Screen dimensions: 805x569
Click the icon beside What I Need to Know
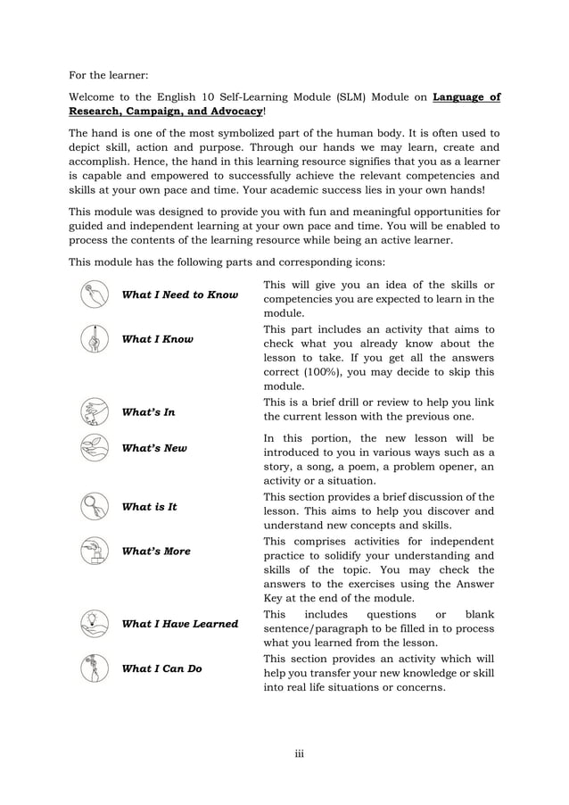click(x=94, y=294)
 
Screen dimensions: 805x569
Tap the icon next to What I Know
click(x=94, y=338)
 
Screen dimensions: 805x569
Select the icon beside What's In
click(x=94, y=411)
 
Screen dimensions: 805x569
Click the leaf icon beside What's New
click(x=94, y=447)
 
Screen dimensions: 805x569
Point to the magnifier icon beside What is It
click(x=94, y=506)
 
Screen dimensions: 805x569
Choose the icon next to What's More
click(x=94, y=551)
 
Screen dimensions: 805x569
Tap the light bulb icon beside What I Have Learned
click(x=94, y=623)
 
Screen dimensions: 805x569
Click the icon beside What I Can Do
click(x=94, y=668)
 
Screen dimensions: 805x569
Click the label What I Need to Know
click(x=179, y=295)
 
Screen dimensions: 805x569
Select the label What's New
click(x=154, y=448)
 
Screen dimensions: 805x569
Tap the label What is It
click(x=149, y=507)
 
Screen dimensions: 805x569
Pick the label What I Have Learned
click(x=179, y=624)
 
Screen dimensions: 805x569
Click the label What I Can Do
click(x=161, y=668)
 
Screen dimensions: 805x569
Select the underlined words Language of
click(x=466, y=97)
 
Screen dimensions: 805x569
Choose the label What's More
click(x=156, y=552)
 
